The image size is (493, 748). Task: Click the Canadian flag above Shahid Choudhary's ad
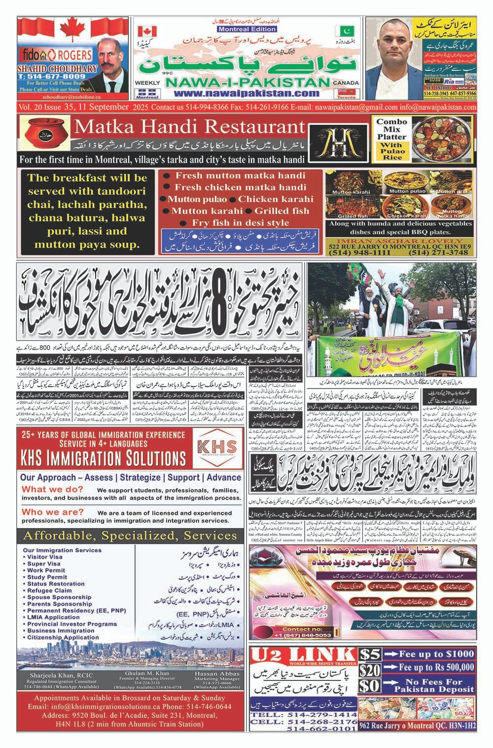(x=74, y=31)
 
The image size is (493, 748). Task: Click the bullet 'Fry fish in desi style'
(x=240, y=222)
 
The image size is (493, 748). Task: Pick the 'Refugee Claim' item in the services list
(x=49, y=590)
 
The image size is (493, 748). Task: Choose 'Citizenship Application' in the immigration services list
(x=63, y=638)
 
